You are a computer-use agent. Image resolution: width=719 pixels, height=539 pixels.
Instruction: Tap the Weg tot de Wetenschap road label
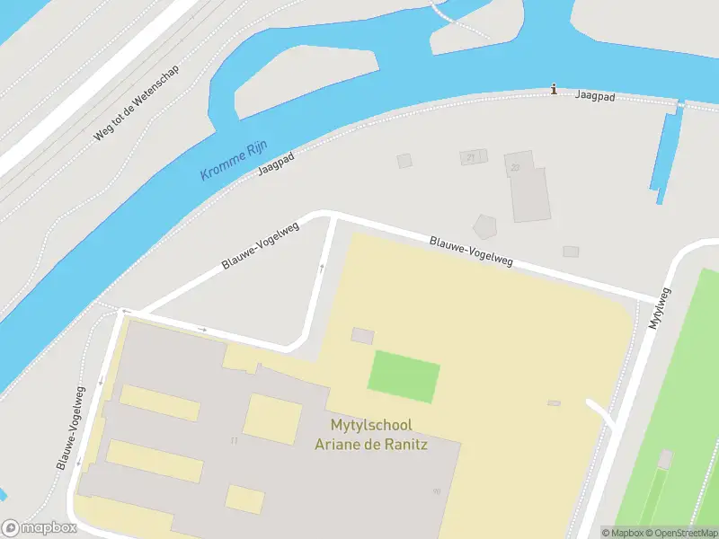point(136,103)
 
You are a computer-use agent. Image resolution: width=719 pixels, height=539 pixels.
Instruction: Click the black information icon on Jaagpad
point(554,89)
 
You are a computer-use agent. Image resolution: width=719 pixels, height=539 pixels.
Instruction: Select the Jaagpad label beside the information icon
point(595,95)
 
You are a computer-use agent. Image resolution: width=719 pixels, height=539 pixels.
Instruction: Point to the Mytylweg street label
point(658,308)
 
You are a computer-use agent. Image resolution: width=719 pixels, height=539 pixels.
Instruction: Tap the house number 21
point(470,157)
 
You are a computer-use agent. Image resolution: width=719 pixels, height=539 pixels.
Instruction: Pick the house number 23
point(515,167)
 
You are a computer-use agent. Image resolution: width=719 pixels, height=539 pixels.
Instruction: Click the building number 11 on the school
point(234,440)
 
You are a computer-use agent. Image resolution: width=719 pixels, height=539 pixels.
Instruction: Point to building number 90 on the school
point(437,490)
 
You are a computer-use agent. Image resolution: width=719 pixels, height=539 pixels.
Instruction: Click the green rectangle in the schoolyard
point(404,376)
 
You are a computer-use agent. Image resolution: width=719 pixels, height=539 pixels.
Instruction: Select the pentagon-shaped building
point(485,226)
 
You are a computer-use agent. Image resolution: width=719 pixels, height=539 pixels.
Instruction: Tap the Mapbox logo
point(38,528)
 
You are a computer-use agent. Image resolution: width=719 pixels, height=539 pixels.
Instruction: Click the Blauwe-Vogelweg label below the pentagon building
point(471,251)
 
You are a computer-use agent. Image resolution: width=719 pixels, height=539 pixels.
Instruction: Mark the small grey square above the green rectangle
point(362,336)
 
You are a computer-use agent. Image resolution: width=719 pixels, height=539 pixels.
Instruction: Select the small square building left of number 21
point(404,161)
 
